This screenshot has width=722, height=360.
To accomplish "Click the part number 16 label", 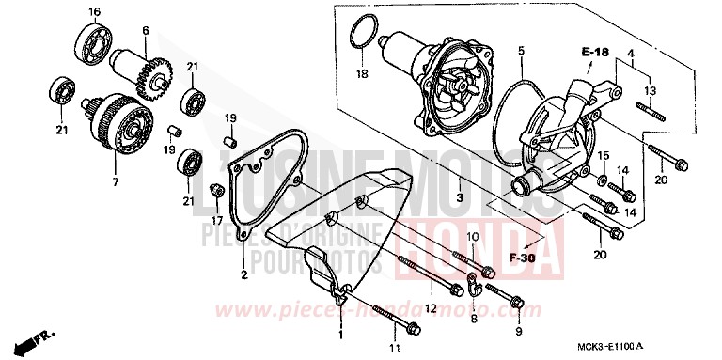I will [x=94, y=11].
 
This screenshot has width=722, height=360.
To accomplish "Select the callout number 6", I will [x=146, y=30].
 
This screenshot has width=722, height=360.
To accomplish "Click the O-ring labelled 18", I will [x=356, y=35].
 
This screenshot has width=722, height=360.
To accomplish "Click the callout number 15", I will [x=604, y=154].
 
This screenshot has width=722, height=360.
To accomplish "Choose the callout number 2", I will [x=243, y=274].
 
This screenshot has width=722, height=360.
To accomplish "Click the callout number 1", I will [x=340, y=334].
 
